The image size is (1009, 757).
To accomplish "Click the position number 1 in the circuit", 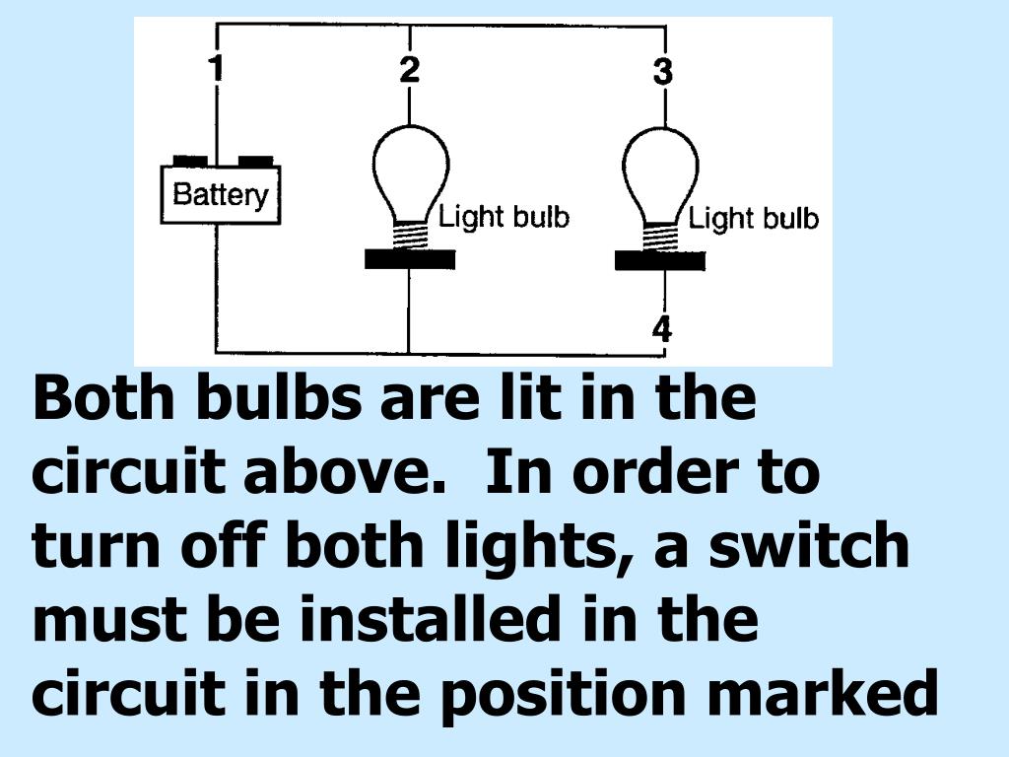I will click(x=217, y=68).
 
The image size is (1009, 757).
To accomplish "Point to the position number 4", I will click(x=662, y=329).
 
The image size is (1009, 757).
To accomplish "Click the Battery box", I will click(x=221, y=194).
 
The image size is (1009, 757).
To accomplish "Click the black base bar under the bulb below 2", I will click(x=410, y=259).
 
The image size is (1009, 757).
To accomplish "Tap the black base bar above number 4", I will click(x=660, y=261).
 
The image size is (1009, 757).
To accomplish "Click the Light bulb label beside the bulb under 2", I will click(x=504, y=217).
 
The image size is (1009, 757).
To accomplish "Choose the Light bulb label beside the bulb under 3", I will click(x=754, y=218).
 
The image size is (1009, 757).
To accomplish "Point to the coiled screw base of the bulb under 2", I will click(x=411, y=235).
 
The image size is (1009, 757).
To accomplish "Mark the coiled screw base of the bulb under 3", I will click(x=661, y=236).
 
